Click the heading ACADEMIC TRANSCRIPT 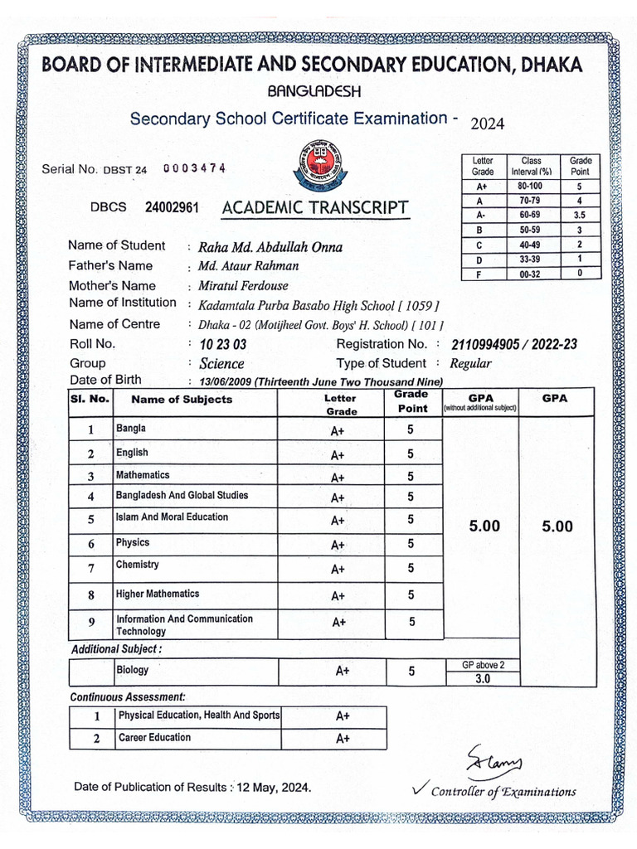[x=314, y=207]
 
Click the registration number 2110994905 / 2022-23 [x=514, y=344]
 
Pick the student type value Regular [x=470, y=363]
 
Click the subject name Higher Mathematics [x=158, y=594]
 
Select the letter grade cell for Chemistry [x=338, y=570]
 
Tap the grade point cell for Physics [x=411, y=544]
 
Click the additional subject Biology [x=133, y=670]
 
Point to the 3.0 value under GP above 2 [x=482, y=678]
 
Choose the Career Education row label [x=154, y=738]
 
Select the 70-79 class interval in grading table [x=531, y=201]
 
